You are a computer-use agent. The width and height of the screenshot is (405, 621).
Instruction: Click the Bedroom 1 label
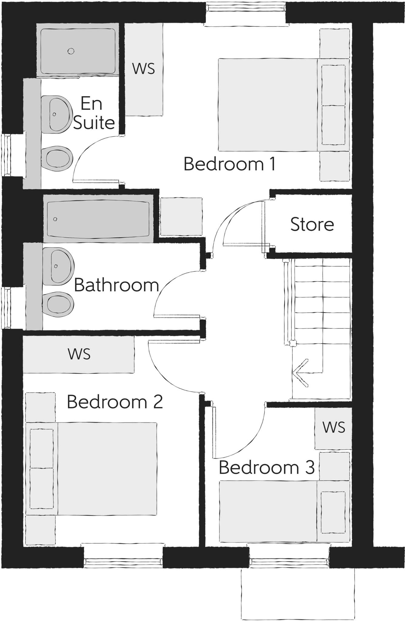tap(229, 164)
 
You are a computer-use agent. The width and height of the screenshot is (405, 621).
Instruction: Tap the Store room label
tap(312, 224)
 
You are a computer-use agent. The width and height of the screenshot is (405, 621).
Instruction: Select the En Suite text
tap(93, 113)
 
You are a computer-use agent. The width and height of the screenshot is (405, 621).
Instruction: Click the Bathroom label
tap(116, 285)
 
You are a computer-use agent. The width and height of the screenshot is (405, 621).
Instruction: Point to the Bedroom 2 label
tap(115, 402)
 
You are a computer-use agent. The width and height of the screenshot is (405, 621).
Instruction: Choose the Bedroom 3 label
tap(266, 467)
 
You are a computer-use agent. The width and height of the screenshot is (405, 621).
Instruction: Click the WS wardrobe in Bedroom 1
tap(144, 69)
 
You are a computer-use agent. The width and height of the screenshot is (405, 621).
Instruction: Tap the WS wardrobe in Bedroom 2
tap(79, 354)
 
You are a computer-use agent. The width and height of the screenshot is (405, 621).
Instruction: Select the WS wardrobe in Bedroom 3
tap(333, 427)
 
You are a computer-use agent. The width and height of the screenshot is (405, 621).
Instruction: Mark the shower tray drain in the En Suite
tap(71, 51)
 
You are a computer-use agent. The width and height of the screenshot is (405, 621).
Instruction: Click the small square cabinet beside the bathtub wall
tap(181, 216)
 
